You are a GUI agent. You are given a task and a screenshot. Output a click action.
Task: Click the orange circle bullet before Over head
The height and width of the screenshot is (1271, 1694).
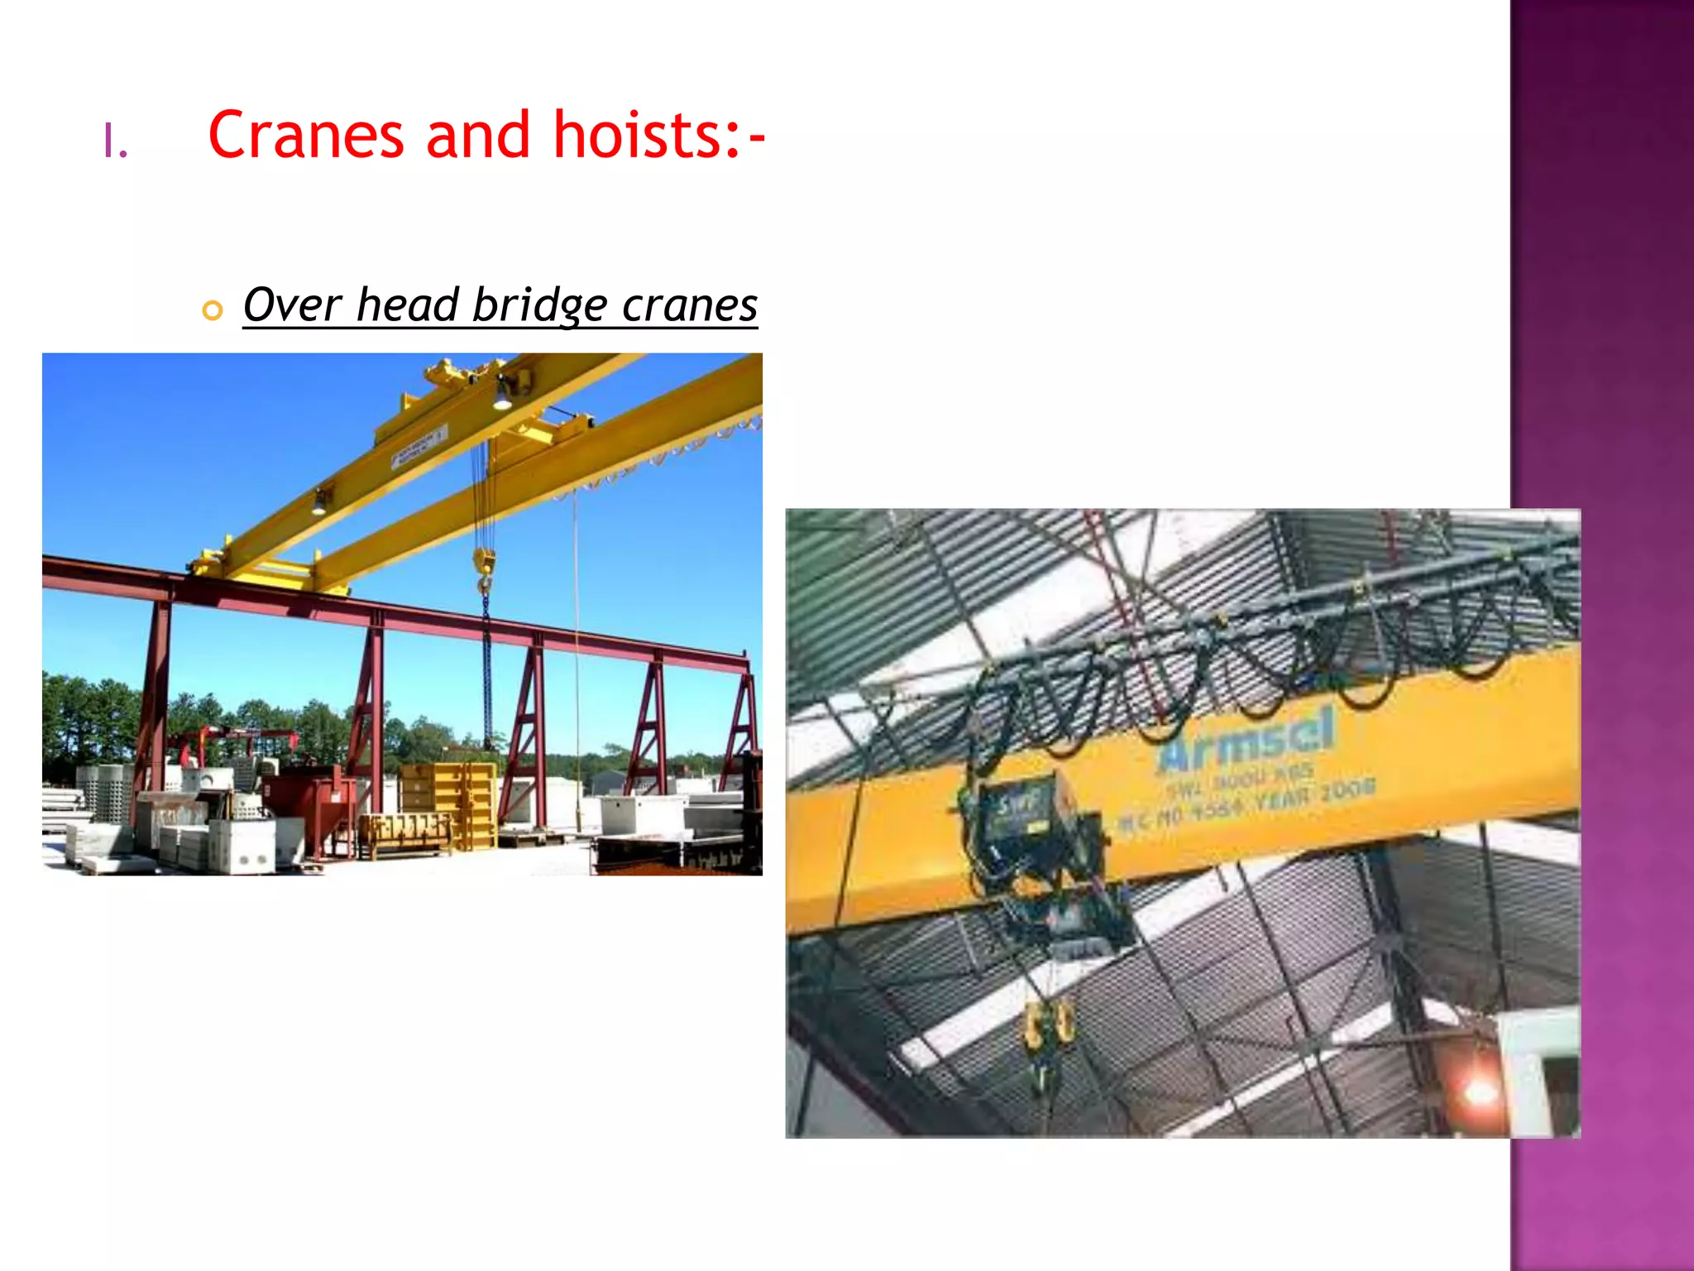click(x=213, y=310)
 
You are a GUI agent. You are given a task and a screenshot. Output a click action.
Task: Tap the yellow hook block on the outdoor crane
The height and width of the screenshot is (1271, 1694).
click(x=484, y=564)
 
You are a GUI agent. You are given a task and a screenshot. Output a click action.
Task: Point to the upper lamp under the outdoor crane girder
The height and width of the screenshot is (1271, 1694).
click(x=502, y=395)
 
